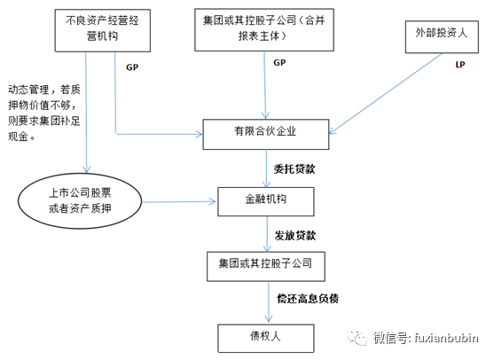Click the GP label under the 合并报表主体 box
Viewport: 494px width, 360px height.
click(279, 63)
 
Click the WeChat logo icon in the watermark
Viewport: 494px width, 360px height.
click(356, 338)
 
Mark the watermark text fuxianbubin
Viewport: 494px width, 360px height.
click(444, 338)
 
